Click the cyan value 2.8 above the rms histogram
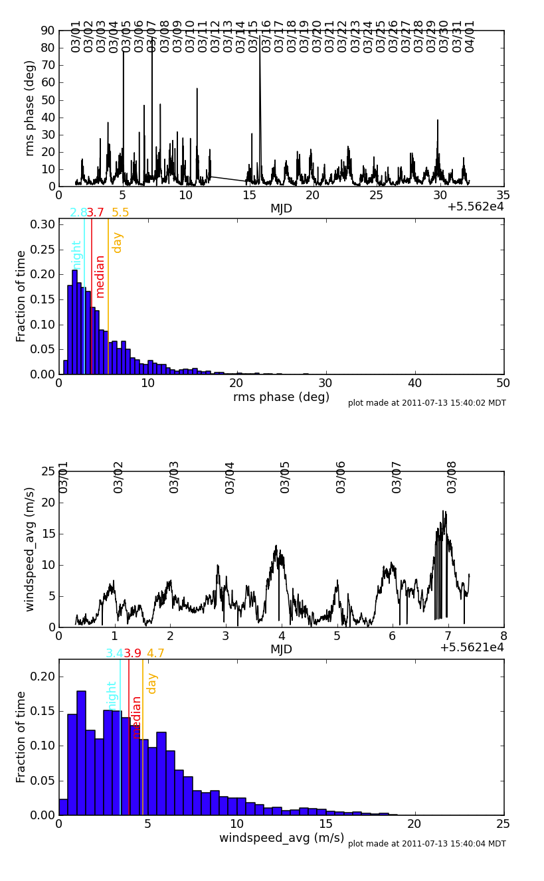tap(78, 213)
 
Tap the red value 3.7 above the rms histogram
tap(96, 213)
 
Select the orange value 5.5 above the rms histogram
tap(120, 213)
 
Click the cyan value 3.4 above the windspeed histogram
tap(114, 654)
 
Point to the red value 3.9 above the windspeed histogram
tap(132, 654)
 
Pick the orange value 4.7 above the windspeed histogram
tap(155, 654)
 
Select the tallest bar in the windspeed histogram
tap(81, 753)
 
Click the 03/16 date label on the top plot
tap(266, 37)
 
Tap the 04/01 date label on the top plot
tap(470, 37)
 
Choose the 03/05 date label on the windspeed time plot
tap(286, 477)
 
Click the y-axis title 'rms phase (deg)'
tap(30, 108)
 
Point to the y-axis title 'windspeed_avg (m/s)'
tap(30, 549)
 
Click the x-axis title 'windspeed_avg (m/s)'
tap(282, 839)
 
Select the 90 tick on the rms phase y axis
tap(47, 31)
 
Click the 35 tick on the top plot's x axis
tap(503, 195)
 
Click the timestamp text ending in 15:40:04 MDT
tap(426, 844)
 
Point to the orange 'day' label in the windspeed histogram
tap(152, 683)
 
